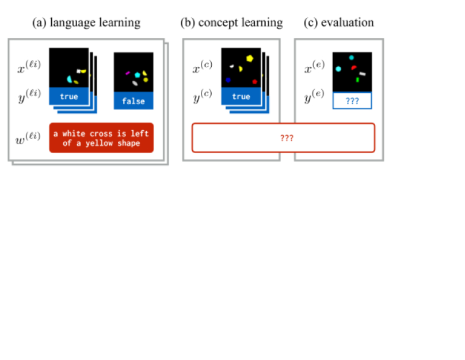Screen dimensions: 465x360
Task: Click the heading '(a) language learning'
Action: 86,23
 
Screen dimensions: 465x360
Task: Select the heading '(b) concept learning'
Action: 231,23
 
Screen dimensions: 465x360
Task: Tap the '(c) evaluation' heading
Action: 338,23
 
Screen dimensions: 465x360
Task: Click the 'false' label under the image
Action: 134,101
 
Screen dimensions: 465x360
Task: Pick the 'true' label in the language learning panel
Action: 69,96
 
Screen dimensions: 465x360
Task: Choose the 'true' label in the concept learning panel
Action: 241,96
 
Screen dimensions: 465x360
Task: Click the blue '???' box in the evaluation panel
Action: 352,101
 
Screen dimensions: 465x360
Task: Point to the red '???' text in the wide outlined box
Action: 287,138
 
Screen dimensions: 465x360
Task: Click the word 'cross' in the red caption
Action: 101,134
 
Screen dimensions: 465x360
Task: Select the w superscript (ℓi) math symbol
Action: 28,138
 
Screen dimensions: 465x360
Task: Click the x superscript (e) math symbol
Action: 315,66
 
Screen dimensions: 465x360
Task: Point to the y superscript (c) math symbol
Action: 203,96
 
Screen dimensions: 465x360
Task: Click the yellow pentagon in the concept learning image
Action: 250,59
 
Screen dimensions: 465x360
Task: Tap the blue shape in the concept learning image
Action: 228,80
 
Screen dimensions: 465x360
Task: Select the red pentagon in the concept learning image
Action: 254,82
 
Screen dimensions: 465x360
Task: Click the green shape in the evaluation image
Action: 357,79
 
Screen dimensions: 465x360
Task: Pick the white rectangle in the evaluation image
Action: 363,74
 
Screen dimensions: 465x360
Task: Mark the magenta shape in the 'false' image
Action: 128,73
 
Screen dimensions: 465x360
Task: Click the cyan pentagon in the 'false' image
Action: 138,75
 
